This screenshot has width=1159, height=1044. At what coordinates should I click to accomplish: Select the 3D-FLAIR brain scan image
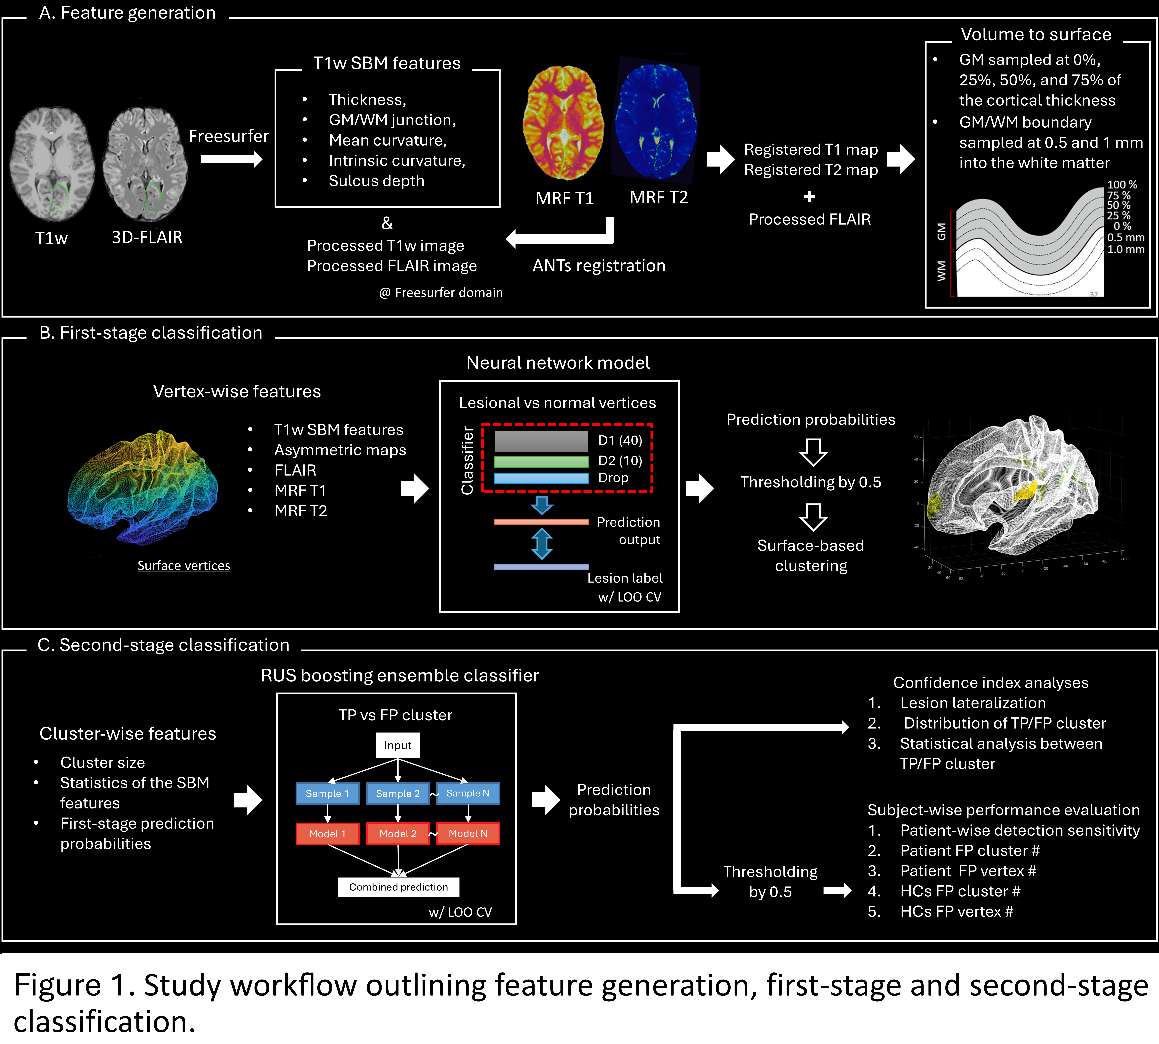pos(145,164)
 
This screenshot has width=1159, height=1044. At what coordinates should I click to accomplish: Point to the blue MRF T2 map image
pos(656,121)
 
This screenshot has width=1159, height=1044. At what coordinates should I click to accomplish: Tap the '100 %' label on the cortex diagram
pos(1122,185)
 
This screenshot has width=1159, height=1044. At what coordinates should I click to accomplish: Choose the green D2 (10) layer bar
pos(541,462)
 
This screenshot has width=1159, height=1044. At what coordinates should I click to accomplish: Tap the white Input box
pos(398,745)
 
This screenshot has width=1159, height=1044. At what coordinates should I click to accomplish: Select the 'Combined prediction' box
pos(398,887)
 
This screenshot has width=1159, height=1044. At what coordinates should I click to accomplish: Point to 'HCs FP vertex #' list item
pos(956,911)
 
